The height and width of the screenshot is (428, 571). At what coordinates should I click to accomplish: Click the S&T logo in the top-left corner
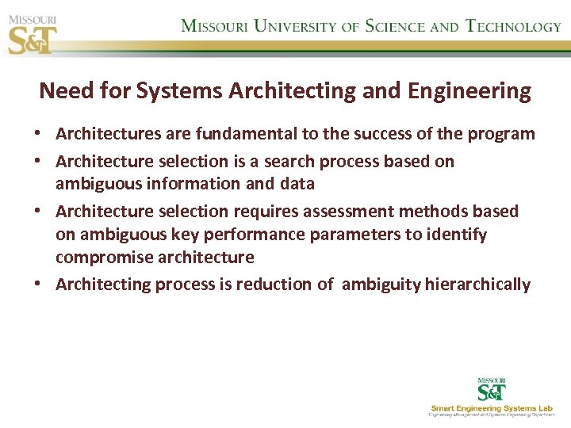pyautogui.click(x=33, y=34)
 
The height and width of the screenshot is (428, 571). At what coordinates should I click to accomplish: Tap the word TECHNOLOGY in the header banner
pyautogui.click(x=513, y=25)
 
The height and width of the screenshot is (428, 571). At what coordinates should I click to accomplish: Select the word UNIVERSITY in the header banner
pyautogui.click(x=293, y=25)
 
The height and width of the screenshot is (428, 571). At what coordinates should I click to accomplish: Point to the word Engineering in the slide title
pyautogui.click(x=469, y=91)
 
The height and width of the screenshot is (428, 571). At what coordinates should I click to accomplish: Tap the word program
pyautogui.click(x=502, y=133)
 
